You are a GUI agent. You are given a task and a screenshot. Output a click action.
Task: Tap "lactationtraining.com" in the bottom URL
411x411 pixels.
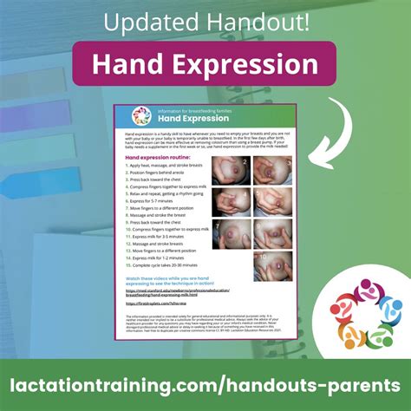(x=120, y=384)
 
